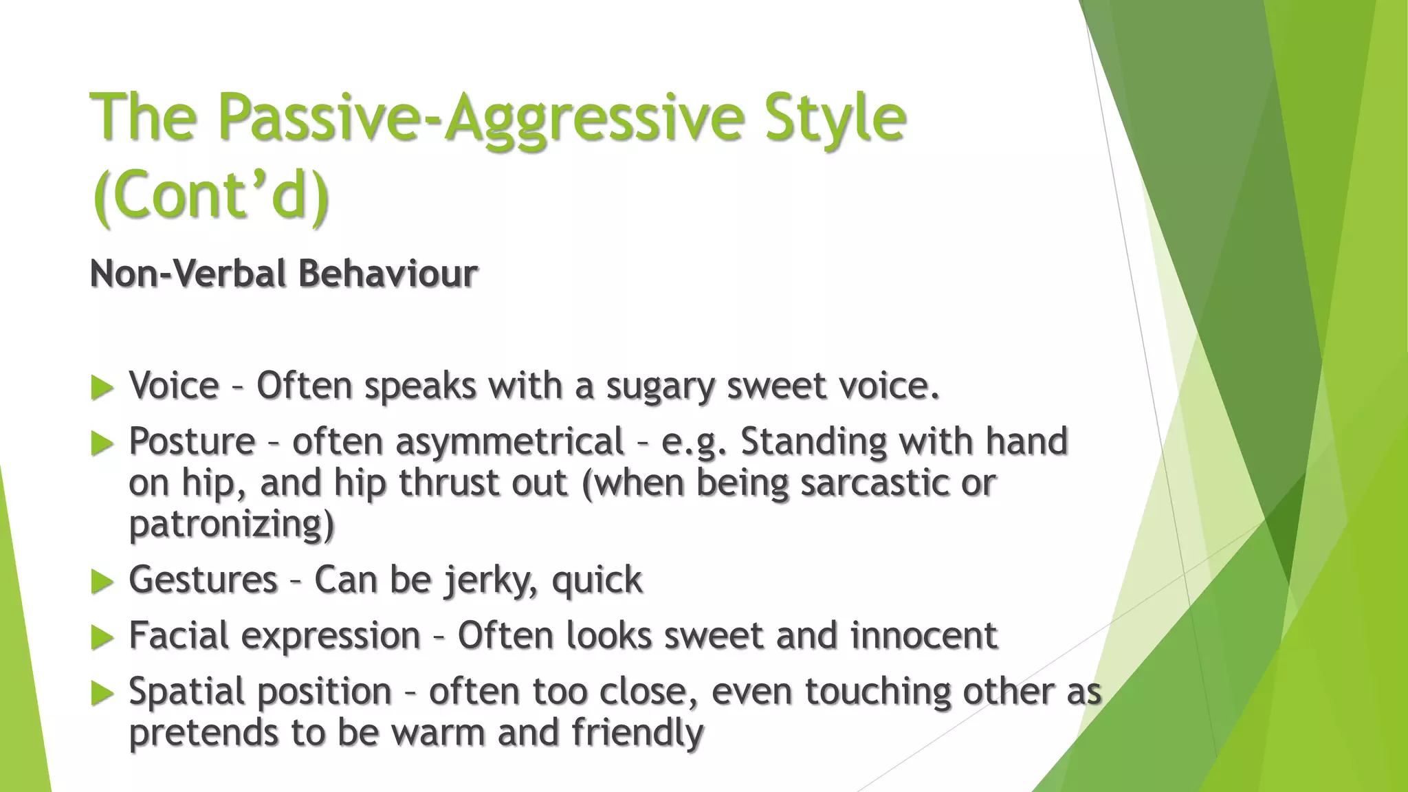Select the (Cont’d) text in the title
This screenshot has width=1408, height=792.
coord(210,195)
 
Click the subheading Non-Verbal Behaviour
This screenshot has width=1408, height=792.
coord(283,274)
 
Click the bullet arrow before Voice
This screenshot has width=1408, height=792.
coord(102,388)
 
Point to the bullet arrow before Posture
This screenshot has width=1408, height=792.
coord(102,443)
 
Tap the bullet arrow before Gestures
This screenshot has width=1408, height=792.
coord(102,582)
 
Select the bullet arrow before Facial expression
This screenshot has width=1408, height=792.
coord(102,638)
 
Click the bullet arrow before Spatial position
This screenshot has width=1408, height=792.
coord(102,694)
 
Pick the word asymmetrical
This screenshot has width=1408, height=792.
coord(509,441)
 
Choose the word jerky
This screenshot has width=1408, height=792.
coord(490,580)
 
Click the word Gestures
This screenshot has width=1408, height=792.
coord(203,580)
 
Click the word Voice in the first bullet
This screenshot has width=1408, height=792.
coord(174,386)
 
